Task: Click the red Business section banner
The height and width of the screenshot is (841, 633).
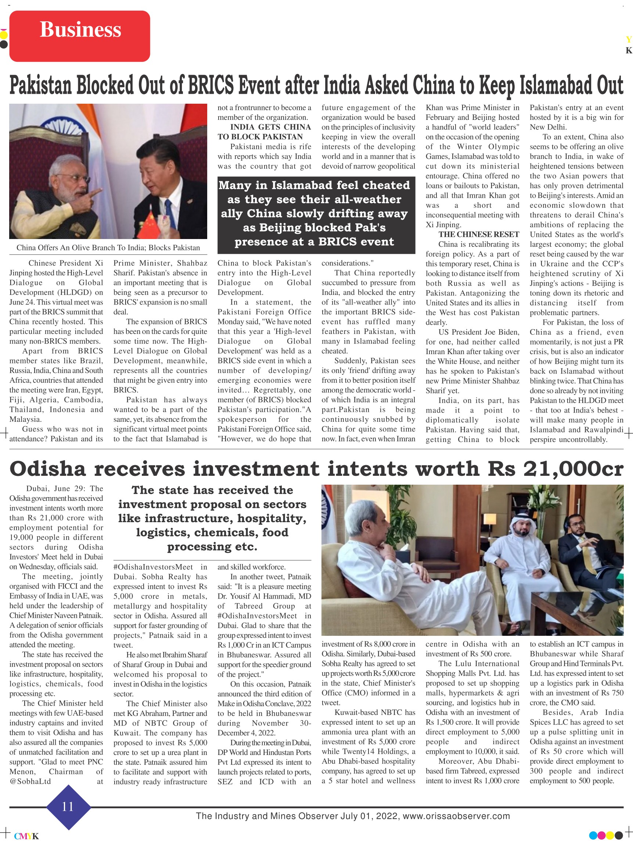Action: tap(79, 36)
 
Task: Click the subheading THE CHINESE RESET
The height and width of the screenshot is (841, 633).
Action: tap(478, 234)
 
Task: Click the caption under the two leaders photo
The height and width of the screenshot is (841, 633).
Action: tap(108, 248)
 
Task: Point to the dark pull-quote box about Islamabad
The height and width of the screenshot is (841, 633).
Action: tap(316, 213)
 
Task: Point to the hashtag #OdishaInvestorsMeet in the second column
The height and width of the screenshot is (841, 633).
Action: tap(154, 567)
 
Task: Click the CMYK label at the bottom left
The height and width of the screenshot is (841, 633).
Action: tap(26, 836)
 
